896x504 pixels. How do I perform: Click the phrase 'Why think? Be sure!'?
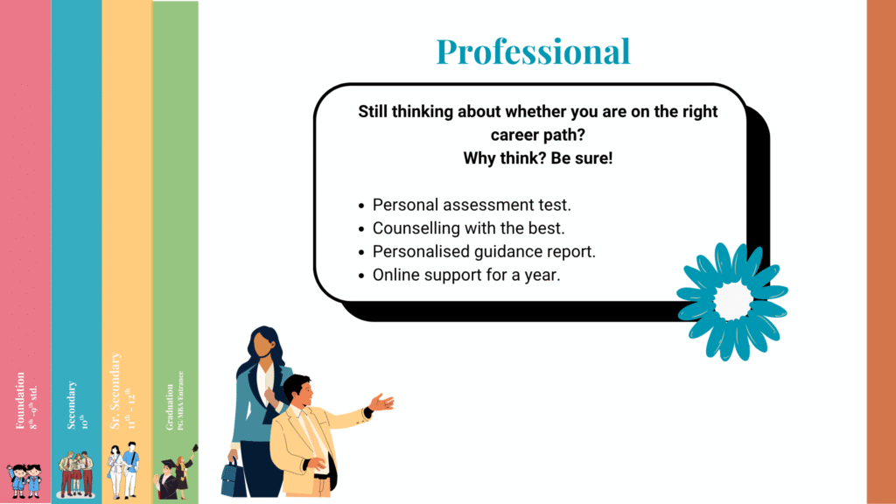pos(538,159)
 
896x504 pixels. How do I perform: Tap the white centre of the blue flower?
pos(733,300)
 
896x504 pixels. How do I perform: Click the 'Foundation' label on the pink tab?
pos(20,401)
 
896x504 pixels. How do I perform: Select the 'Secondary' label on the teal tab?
pos(72,405)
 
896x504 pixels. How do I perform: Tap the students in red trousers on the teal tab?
pos(75,473)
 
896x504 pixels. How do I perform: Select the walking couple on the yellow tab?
pos(123,471)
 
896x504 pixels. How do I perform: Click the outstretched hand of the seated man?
pos(382,402)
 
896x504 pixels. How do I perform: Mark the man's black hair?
pos(297,384)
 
